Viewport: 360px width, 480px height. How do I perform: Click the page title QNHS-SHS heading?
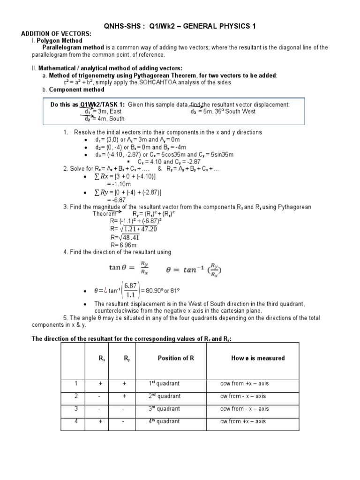click(x=180, y=26)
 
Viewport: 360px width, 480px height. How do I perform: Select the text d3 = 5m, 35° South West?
click(x=223, y=112)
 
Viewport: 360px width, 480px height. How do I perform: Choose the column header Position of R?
click(x=176, y=358)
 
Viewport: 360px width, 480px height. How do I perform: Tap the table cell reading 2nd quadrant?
click(x=164, y=396)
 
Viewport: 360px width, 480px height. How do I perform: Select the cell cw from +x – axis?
click(x=243, y=421)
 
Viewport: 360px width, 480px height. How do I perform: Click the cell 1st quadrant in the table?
click(x=164, y=383)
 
